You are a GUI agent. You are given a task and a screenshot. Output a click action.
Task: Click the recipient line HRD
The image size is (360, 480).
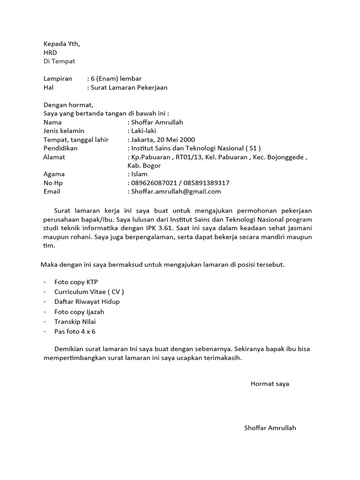(50, 53)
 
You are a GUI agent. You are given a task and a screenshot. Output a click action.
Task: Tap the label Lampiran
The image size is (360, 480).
(58, 79)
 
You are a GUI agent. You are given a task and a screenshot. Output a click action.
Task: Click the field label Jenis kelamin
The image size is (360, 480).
(64, 131)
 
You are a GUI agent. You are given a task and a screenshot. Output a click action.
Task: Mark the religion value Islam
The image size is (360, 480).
(139, 174)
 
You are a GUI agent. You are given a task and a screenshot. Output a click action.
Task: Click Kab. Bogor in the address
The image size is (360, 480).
(144, 165)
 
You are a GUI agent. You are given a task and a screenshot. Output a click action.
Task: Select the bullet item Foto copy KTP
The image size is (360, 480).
(76, 282)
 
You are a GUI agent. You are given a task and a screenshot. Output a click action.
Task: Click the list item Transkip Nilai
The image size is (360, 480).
(75, 322)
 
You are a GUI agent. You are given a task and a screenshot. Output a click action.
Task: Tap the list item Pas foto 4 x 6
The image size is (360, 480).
(75, 332)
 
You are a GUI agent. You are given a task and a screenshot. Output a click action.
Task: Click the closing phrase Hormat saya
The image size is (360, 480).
(270, 384)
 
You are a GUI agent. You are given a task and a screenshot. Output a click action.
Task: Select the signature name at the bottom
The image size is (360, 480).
(270, 428)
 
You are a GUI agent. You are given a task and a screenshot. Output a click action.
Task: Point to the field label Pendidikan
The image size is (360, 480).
(60, 148)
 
